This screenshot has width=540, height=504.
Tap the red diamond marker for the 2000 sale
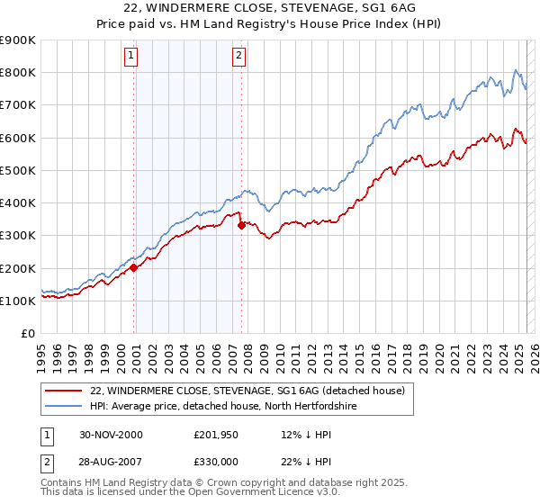pyautogui.click(x=134, y=267)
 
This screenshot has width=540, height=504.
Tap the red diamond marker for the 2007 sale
pyautogui.click(x=241, y=226)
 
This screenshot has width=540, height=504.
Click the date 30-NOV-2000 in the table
pyautogui.click(x=112, y=435)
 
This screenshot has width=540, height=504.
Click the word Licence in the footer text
pyautogui.click(x=272, y=493)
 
